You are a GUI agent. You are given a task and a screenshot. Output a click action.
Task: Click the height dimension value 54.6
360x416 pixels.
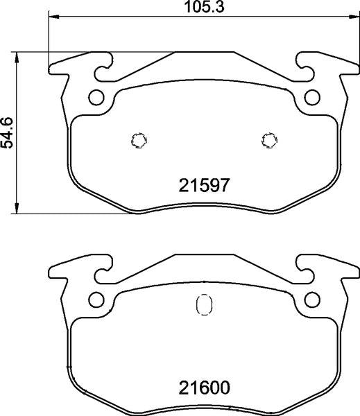pyautogui.click(x=8, y=132)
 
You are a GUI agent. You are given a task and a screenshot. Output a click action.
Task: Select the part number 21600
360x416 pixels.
pyautogui.click(x=205, y=387)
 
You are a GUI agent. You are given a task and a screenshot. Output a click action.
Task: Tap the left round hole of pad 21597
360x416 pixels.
pyautogui.click(x=96, y=96)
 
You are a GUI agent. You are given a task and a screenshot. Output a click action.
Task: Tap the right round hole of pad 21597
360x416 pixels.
pyautogui.click(x=313, y=96)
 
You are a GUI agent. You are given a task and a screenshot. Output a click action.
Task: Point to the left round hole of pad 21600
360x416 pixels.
pyautogui.click(x=96, y=300)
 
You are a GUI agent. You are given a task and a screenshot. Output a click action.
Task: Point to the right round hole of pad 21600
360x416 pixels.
pyautogui.click(x=313, y=300)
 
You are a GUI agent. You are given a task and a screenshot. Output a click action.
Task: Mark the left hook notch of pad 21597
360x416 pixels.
pyautogui.click(x=104, y=69)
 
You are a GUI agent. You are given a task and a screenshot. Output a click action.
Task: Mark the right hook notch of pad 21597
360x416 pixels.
pyautogui.click(x=305, y=69)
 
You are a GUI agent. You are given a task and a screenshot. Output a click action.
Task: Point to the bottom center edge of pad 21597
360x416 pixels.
pyautogui.click(x=204, y=209)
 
